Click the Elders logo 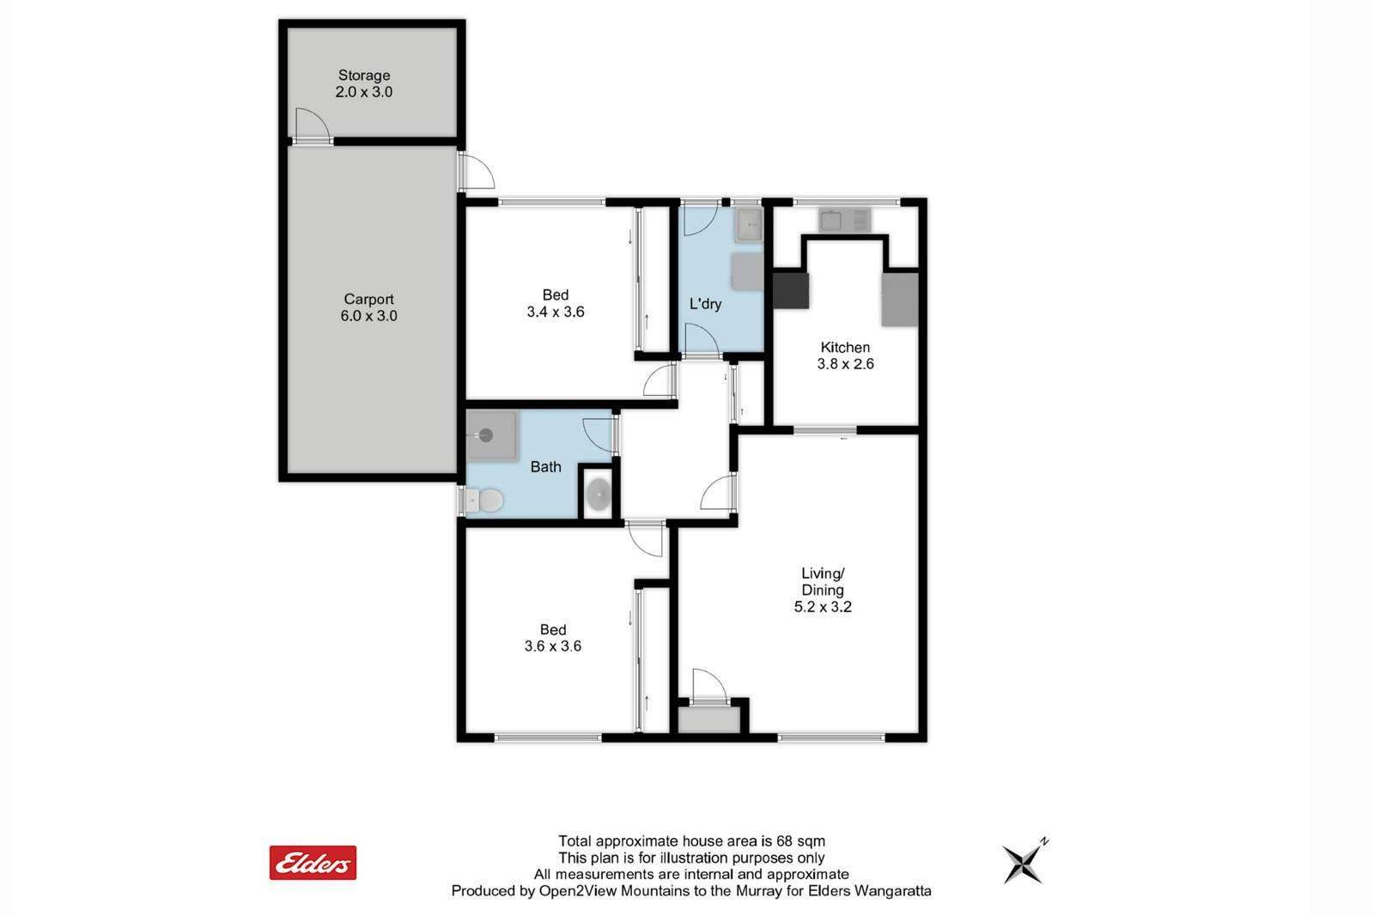click(x=313, y=863)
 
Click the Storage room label click(x=364, y=76)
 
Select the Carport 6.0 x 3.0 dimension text click(x=368, y=316)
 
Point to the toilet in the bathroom click(x=484, y=500)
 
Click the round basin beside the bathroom click(x=598, y=494)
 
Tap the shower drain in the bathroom click(x=486, y=436)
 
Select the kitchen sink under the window click(x=845, y=220)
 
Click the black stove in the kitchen click(x=791, y=291)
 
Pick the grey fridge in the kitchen click(x=900, y=300)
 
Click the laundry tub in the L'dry click(x=749, y=225)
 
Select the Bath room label click(x=546, y=467)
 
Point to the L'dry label click(x=705, y=304)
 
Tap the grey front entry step click(x=708, y=719)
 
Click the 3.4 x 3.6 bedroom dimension click(x=555, y=312)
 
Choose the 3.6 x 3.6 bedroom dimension click(x=553, y=646)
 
